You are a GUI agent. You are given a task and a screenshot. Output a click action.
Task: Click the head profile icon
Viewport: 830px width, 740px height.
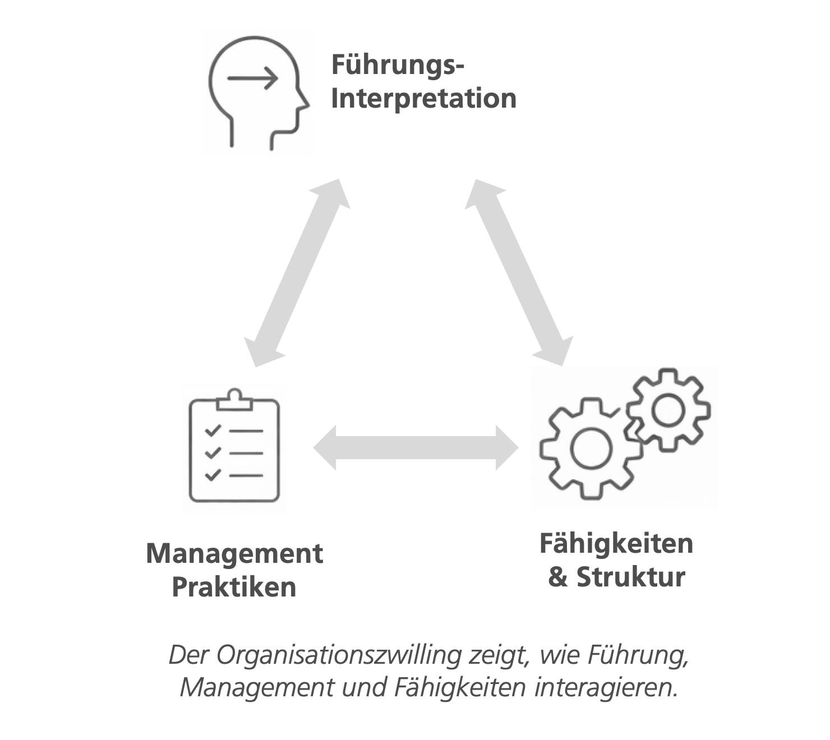(x=257, y=93)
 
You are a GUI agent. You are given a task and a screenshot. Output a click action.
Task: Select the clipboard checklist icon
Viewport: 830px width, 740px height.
(x=234, y=447)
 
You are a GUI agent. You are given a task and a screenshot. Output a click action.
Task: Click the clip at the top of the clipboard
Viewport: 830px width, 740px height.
(x=234, y=399)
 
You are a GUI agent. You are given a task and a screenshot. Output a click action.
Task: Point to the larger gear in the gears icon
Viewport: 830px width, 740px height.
(x=589, y=448)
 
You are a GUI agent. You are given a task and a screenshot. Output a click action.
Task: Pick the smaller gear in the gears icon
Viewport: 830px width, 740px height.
(x=667, y=409)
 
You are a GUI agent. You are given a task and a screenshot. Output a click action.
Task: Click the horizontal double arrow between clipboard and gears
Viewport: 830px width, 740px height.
(x=416, y=448)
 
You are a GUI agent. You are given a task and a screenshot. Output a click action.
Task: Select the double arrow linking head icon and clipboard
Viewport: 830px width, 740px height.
(x=298, y=272)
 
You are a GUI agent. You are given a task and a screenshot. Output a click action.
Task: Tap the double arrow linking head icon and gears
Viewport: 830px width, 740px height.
(x=519, y=272)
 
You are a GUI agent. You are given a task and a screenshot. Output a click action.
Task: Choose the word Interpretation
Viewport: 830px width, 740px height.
(x=424, y=99)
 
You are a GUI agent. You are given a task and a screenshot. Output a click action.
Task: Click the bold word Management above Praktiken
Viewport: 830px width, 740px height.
(x=234, y=554)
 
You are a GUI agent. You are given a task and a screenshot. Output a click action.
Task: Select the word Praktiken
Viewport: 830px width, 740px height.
(x=234, y=588)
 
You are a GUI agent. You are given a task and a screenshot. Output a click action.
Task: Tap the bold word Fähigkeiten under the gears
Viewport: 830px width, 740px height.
(x=616, y=544)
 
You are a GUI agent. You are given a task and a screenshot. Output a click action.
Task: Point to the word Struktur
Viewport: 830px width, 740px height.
(x=631, y=577)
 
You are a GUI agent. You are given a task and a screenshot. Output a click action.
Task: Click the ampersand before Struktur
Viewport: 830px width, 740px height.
(x=558, y=577)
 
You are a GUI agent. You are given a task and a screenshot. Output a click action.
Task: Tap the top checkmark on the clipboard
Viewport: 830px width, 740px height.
(x=213, y=431)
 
